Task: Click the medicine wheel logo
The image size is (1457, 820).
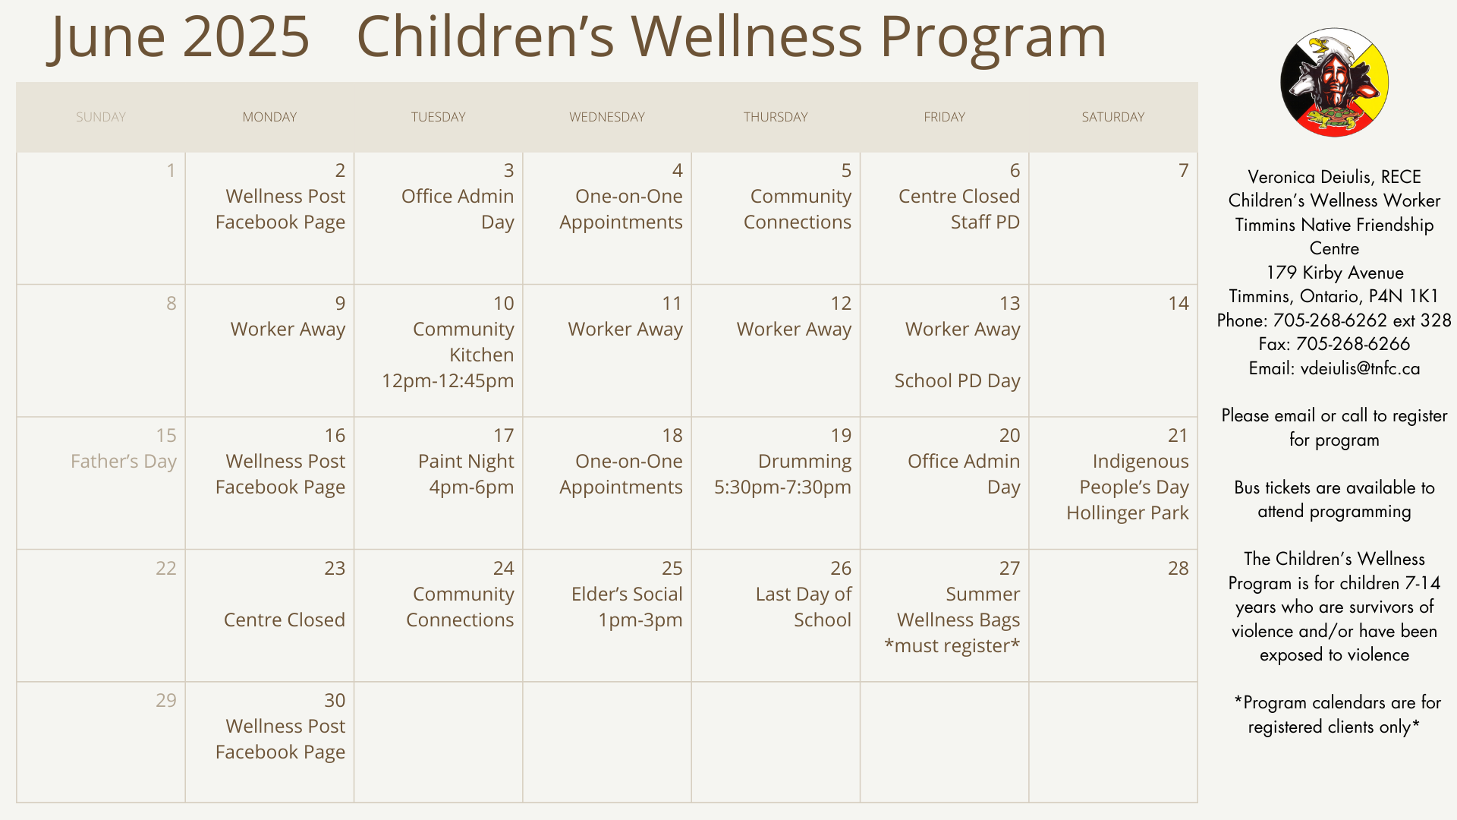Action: (1334, 83)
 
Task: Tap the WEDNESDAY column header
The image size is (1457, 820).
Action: (607, 117)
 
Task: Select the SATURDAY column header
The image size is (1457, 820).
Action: (1112, 117)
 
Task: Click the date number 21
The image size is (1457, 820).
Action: (1178, 435)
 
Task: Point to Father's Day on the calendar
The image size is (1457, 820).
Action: (124, 462)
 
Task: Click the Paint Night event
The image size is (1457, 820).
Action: (466, 475)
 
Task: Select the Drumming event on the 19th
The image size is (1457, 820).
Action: (782, 475)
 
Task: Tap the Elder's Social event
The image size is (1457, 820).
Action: (627, 607)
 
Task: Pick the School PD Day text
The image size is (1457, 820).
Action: (957, 381)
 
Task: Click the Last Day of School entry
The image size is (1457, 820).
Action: (804, 607)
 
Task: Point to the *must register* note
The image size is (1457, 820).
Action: (952, 646)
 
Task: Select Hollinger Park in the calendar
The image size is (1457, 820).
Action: (1128, 513)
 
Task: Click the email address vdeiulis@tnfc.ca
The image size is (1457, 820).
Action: (1360, 369)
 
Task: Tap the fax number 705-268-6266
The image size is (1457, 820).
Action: (1353, 344)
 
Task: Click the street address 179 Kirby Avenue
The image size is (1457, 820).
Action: (1335, 273)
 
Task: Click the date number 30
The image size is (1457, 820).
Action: (335, 700)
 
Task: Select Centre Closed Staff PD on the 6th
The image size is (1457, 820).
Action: (959, 210)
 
